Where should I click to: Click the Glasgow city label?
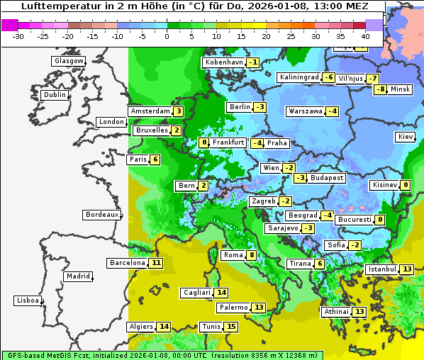69,61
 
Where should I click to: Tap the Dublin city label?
55,95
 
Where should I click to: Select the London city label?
111,122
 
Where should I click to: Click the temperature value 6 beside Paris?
155,159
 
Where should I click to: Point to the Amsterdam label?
150,111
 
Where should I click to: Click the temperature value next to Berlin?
261,107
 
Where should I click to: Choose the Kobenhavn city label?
224,62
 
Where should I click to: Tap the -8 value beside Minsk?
381,89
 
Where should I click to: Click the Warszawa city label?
306,111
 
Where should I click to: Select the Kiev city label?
406,136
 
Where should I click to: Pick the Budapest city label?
327,177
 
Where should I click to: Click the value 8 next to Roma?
252,255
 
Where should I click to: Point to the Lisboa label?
27,300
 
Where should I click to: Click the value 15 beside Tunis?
231,327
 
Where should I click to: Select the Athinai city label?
336,312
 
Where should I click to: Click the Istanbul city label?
382,269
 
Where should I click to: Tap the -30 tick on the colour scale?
18,35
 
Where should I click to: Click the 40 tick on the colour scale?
365,35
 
